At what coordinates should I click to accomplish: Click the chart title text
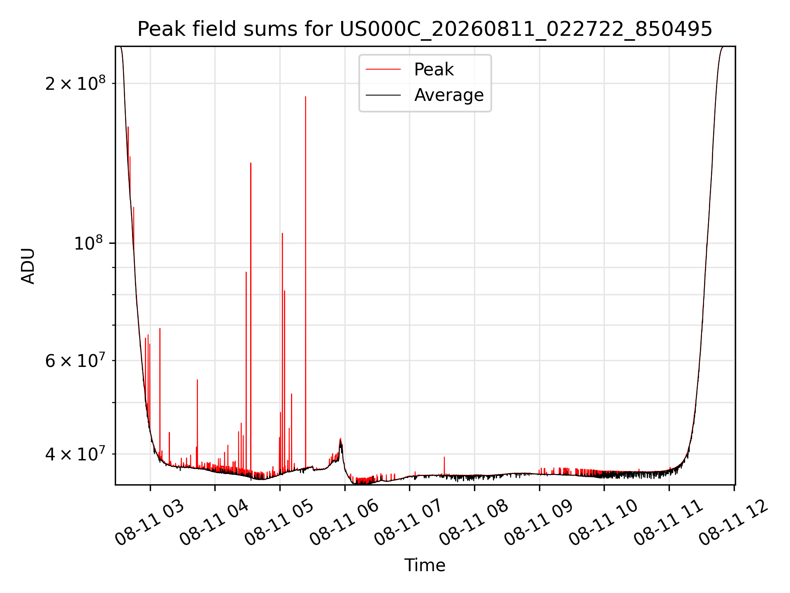[425, 29]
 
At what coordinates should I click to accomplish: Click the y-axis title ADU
[28, 266]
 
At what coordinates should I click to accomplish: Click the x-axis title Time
[425, 565]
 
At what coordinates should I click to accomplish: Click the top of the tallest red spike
[305, 97]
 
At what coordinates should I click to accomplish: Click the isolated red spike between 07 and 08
[444, 457]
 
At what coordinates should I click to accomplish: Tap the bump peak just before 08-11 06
[340, 439]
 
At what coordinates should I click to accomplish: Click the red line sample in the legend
[383, 70]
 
